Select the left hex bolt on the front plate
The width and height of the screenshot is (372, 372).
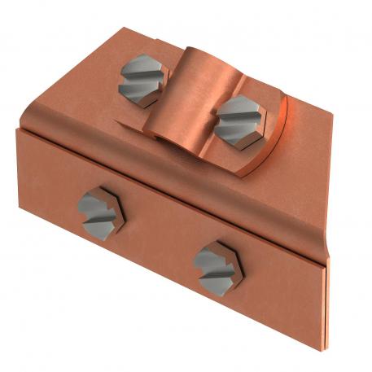[99, 210]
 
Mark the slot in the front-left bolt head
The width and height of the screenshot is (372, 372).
[99, 211]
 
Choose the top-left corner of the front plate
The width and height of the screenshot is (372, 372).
[16, 129]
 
